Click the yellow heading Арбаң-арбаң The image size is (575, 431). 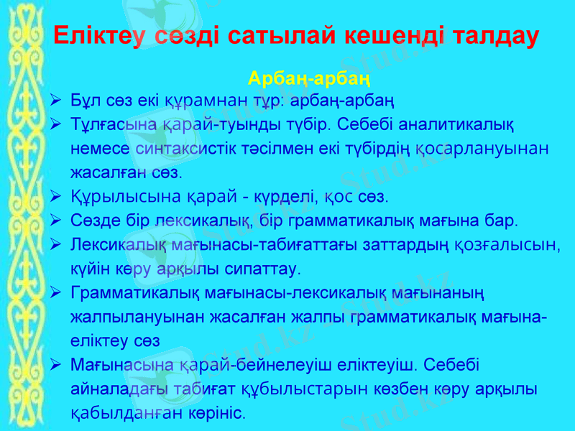309,77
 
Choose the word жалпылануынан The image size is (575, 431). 126,317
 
